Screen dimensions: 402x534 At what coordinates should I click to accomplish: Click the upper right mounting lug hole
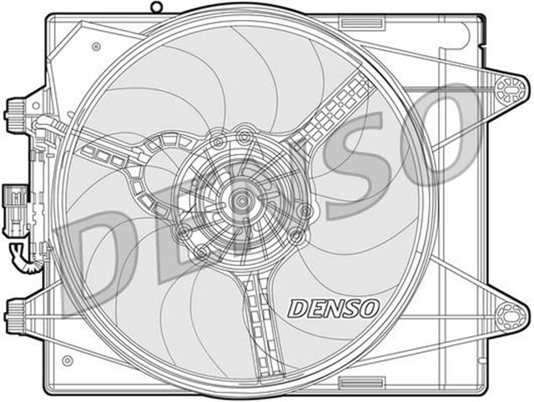(506, 87)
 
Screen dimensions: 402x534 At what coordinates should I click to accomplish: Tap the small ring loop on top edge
(156, 8)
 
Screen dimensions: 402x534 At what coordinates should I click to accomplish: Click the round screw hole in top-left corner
(97, 46)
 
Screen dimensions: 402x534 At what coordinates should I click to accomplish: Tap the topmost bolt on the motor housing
(244, 133)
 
